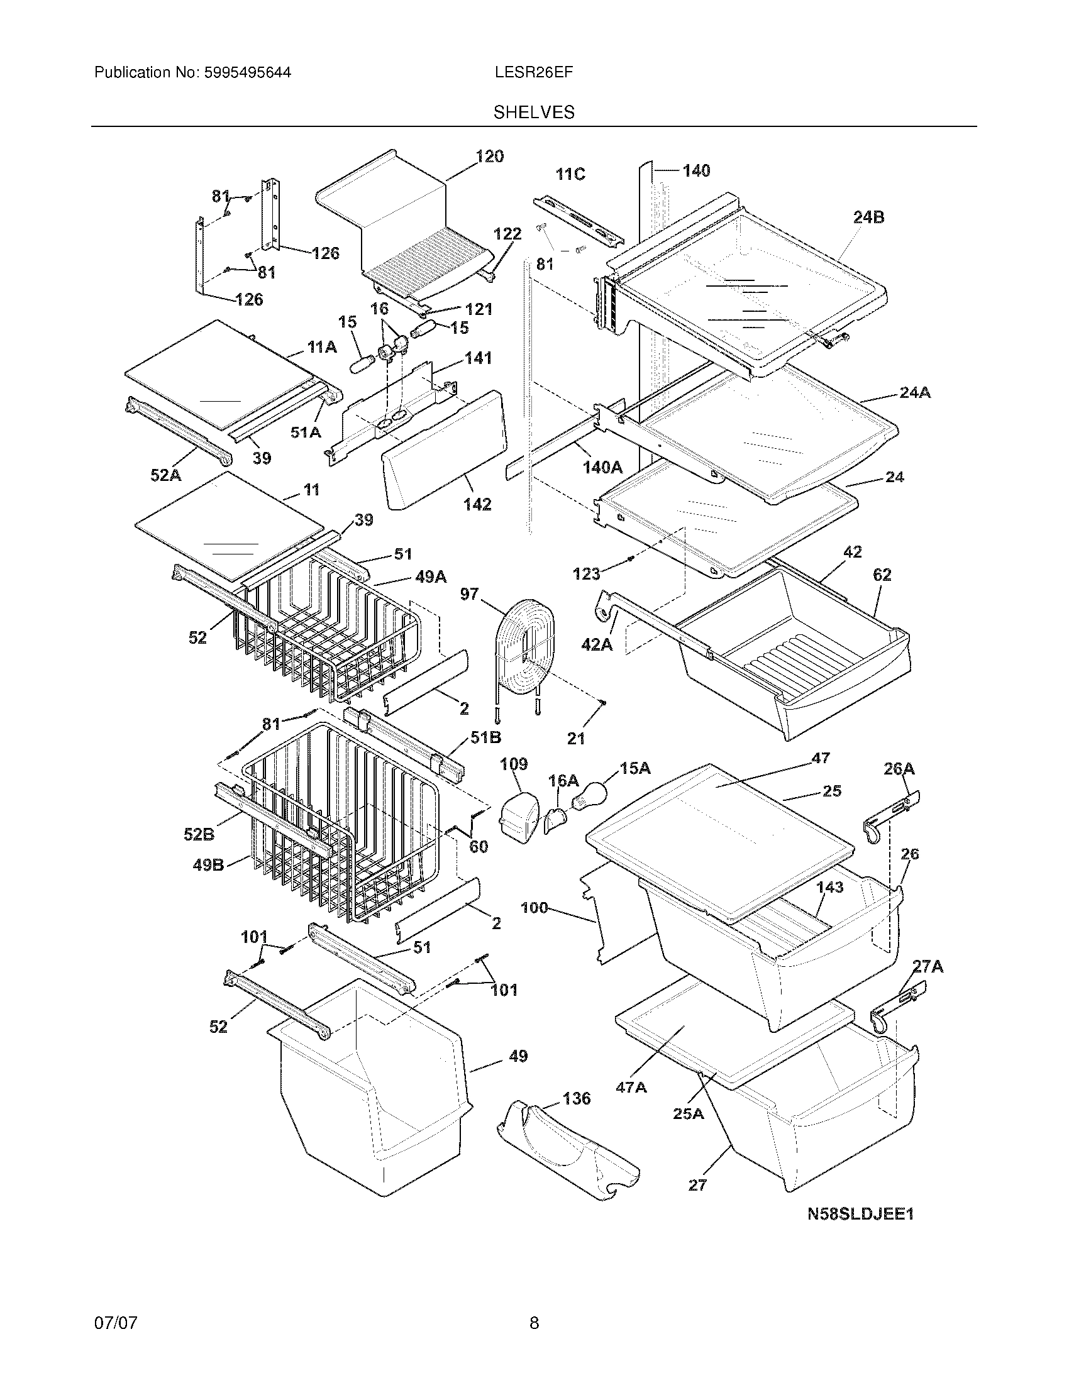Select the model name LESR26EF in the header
click(534, 72)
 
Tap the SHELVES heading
click(534, 113)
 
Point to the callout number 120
click(489, 157)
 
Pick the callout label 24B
click(868, 218)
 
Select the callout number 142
click(477, 504)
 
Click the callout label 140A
click(602, 467)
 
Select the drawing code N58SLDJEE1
click(860, 1214)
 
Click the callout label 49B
click(208, 864)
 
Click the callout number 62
click(882, 575)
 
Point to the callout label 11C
click(570, 174)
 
